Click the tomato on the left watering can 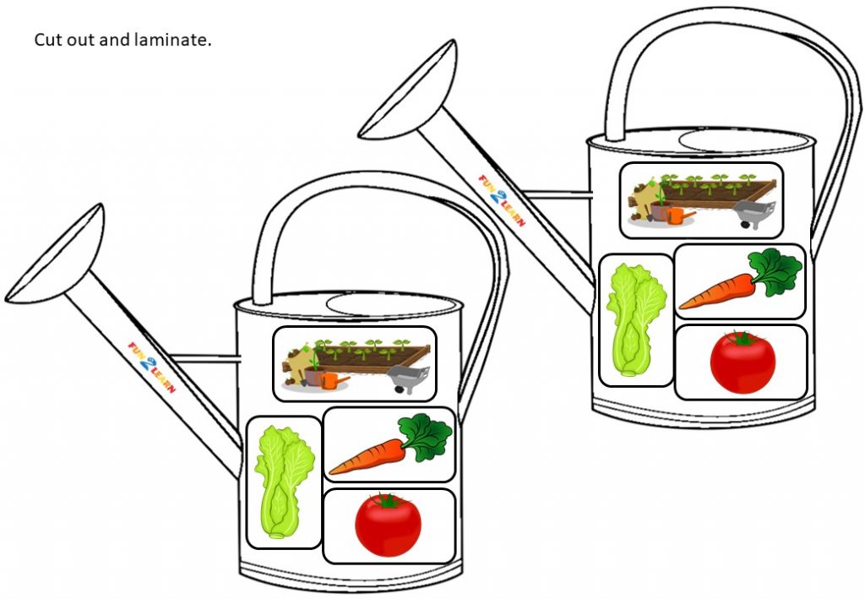click(x=388, y=525)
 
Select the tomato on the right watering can click(x=743, y=362)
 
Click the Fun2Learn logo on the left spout click(x=152, y=368)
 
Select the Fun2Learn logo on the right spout click(x=502, y=201)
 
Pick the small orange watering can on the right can click(x=678, y=215)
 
